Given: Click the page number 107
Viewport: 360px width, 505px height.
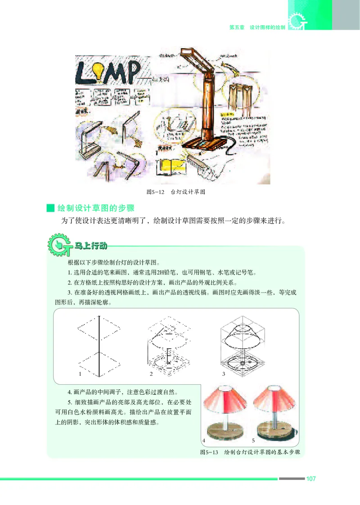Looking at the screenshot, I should click(310, 479).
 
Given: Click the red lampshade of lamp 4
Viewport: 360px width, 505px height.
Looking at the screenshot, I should click(223, 401).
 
